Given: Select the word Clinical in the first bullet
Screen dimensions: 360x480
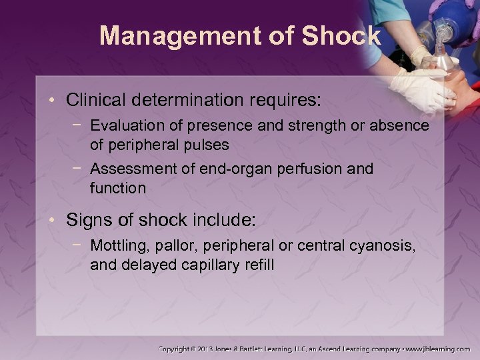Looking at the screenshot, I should [93, 101].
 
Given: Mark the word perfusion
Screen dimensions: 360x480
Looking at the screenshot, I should [301, 169].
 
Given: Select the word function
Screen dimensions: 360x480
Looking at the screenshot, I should [117, 188].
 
